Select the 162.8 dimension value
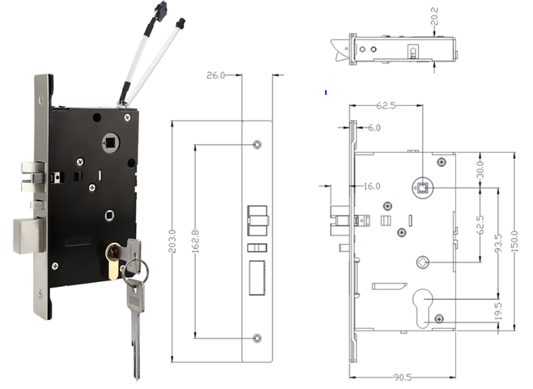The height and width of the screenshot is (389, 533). pyautogui.click(x=194, y=241)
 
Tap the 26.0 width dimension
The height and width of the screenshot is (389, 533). pyautogui.click(x=215, y=75)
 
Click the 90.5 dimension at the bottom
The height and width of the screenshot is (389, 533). pyautogui.click(x=402, y=377)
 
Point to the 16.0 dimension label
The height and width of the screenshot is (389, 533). pyautogui.click(x=371, y=186)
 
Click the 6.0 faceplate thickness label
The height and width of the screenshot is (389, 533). pyautogui.click(x=374, y=128)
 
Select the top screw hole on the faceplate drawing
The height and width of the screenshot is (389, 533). pyautogui.click(x=257, y=145)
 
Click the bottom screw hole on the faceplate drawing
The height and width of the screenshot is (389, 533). pyautogui.click(x=257, y=337)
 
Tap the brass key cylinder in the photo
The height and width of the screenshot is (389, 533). pyautogui.click(x=113, y=261)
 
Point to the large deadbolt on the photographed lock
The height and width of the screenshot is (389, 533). pyautogui.click(x=28, y=235)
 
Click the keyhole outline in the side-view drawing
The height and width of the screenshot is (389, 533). pyautogui.click(x=423, y=306)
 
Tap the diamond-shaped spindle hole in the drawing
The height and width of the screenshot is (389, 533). pyautogui.click(x=422, y=262)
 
